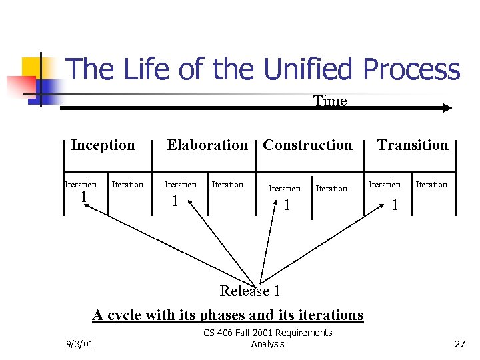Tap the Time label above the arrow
(330, 101)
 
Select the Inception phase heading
(103, 145)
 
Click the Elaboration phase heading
(207, 145)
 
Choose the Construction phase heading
(307, 145)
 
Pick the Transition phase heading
(413, 145)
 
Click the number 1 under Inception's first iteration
(83, 197)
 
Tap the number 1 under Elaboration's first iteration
(175, 201)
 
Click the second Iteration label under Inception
(127, 185)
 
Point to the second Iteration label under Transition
(431, 185)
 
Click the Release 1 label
(250, 291)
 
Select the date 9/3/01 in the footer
(80, 344)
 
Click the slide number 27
(459, 344)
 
